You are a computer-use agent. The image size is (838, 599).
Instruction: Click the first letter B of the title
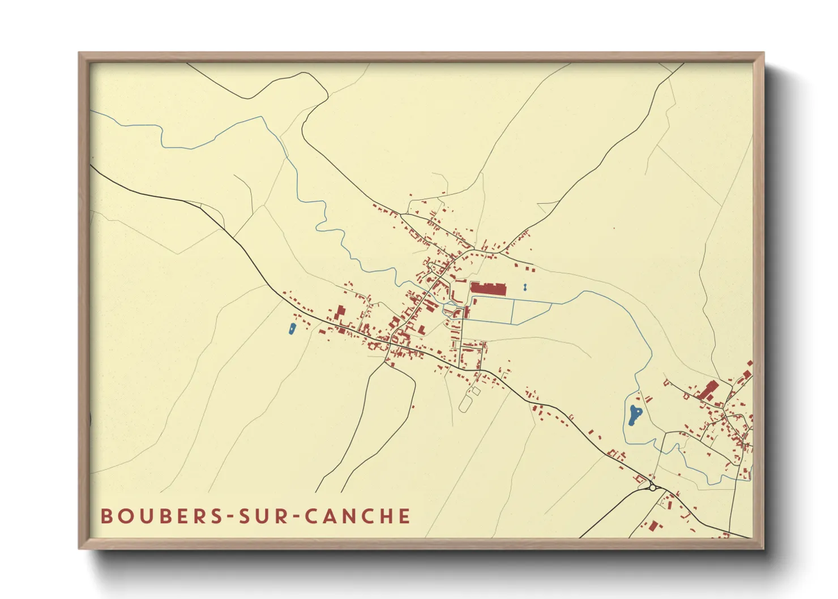tap(106, 516)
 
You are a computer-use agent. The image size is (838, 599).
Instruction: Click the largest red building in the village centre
tap(488, 289)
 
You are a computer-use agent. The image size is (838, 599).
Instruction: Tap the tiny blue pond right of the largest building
tap(525, 288)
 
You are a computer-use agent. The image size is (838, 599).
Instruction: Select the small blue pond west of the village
tap(292, 328)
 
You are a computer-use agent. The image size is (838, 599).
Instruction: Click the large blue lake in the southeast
tap(634, 416)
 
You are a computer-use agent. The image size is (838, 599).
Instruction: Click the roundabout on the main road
tap(652, 487)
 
